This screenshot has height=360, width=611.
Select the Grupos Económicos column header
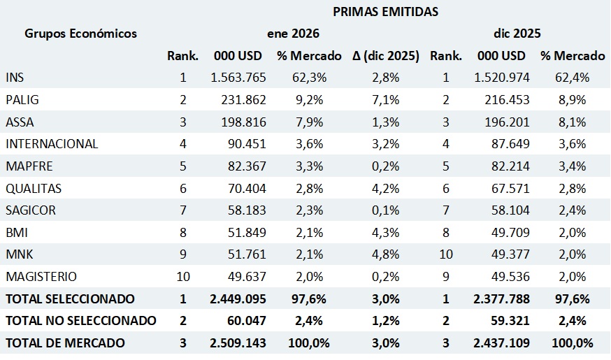[81, 33]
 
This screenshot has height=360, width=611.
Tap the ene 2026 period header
[293, 33]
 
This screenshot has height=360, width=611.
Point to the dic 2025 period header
[517, 33]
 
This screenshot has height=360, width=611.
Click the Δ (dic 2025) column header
[386, 56]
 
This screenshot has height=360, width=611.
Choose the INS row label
[15, 78]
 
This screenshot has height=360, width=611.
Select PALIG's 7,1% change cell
[386, 100]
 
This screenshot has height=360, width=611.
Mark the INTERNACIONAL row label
[52, 144]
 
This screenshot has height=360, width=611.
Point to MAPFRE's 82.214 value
[507, 166]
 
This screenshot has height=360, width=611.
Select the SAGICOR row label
[31, 210]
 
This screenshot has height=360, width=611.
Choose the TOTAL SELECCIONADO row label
[70, 298]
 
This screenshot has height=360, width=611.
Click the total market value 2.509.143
[238, 343]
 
